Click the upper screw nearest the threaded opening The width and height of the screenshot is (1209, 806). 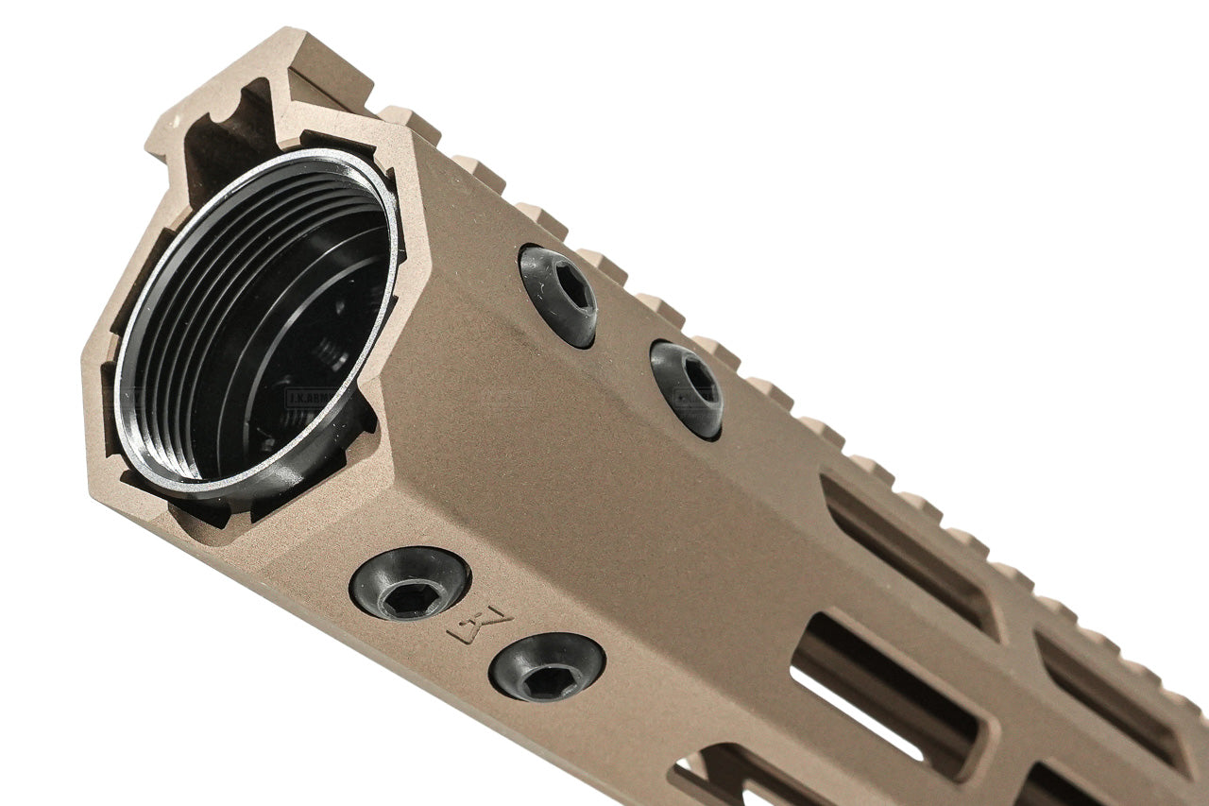(x=558, y=295)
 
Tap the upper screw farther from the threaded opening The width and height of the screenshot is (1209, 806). (x=687, y=388)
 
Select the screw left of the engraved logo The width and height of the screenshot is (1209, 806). (x=410, y=584)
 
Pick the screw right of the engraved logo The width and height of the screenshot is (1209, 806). (x=547, y=667)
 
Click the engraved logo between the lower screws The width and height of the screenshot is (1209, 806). (x=479, y=626)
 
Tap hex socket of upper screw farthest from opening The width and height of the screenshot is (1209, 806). (x=700, y=379)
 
